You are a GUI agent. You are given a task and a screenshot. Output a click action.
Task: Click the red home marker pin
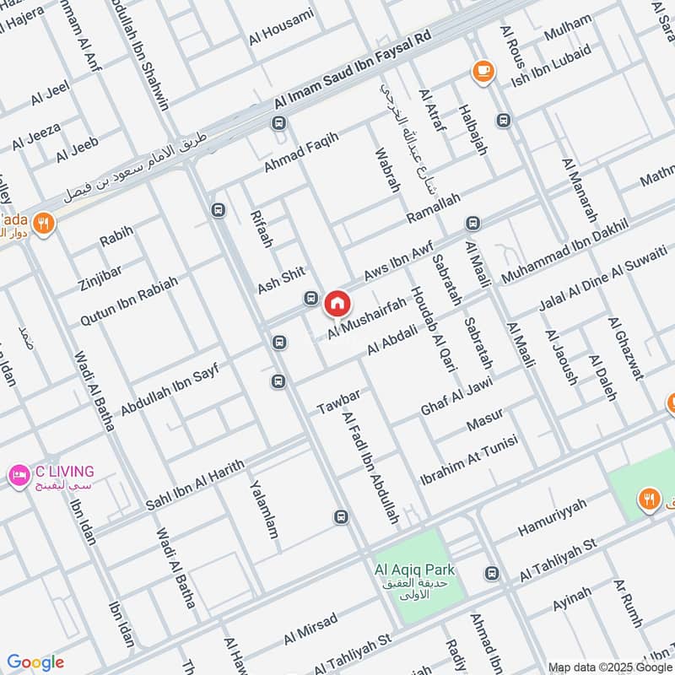click(x=337, y=301)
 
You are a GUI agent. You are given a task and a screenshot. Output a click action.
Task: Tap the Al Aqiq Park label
click(x=409, y=570)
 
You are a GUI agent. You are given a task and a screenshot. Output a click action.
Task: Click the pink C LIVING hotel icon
click(x=18, y=476)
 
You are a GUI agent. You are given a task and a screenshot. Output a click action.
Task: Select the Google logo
click(x=35, y=662)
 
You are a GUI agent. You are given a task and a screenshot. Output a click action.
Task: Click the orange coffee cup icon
click(x=483, y=70)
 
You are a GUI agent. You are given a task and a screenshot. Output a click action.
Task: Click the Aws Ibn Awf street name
click(x=398, y=262)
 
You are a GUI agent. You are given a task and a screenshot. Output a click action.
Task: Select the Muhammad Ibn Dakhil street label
click(x=565, y=251)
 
